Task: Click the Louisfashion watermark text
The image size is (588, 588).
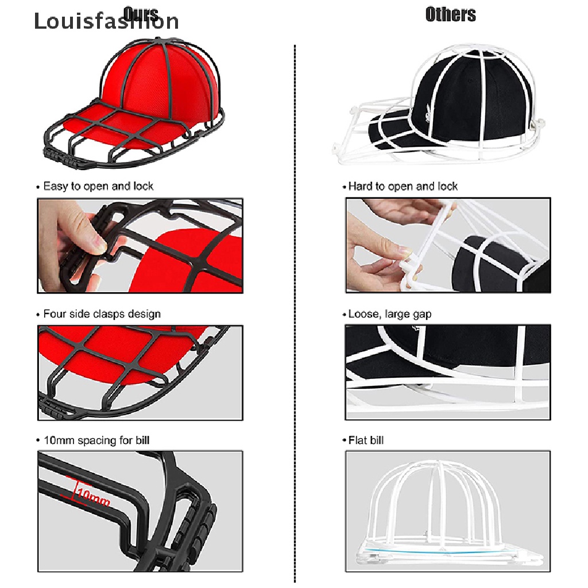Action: coord(106,21)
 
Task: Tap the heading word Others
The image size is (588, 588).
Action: coord(450,14)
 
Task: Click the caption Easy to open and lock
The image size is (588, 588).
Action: coord(98,186)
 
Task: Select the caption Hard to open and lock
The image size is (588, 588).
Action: coord(403,186)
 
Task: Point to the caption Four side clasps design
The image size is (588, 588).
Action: coord(102,314)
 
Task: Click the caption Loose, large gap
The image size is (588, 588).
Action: coord(389,314)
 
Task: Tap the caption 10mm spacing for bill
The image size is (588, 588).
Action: coord(96,440)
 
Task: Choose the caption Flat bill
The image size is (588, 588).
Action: coord(366,440)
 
